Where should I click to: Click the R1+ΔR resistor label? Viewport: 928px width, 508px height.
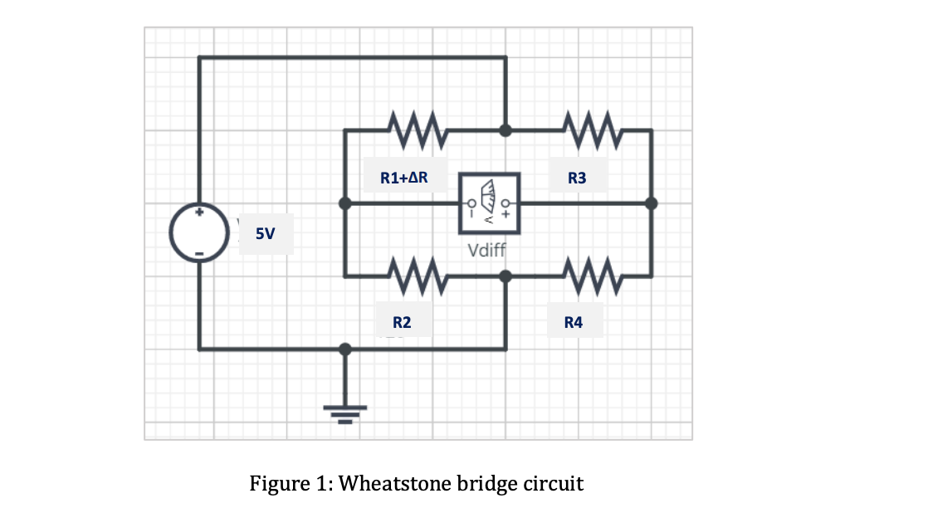point(404,177)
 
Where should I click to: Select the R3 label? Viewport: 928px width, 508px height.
point(577,178)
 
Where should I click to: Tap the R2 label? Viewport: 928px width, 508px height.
point(401,322)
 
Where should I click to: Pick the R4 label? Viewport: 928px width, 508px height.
point(573,322)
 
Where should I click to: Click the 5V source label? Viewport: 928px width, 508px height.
point(265,234)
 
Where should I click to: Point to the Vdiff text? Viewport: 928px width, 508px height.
point(487,251)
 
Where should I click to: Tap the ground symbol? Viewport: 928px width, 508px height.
point(345,413)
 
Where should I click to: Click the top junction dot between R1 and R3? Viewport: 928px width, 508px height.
point(505,130)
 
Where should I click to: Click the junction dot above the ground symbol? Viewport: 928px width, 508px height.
point(345,349)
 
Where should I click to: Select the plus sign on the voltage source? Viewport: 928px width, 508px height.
point(199,214)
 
